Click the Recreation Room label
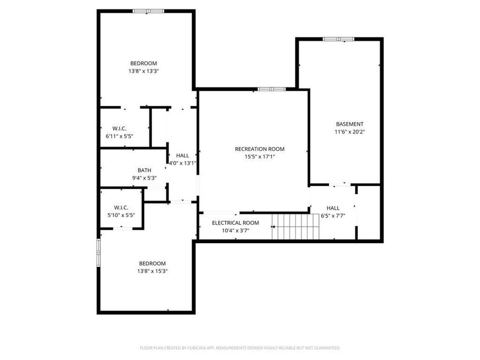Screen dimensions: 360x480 tap(260, 149)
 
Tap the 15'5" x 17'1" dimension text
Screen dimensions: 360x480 tap(260, 157)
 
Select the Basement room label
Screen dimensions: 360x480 tap(349, 124)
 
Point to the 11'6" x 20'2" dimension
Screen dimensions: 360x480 tap(349, 132)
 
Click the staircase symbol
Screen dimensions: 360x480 tap(295, 227)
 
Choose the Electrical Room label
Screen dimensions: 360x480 tap(235, 222)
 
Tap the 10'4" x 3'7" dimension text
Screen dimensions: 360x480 tap(235, 230)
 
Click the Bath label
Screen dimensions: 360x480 tap(144, 170)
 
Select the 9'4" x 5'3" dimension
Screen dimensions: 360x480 tap(144, 178)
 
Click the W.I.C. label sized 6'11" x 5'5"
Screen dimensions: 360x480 tap(119, 128)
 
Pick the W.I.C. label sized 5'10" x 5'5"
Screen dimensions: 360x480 tap(121, 207)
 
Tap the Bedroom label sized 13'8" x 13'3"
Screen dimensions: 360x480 tap(143, 63)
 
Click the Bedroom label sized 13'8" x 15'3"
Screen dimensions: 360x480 tap(152, 263)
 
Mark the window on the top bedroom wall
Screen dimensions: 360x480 tap(148, 11)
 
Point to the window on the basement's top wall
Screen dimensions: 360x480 tap(338, 39)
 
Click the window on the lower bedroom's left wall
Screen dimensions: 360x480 tap(98, 252)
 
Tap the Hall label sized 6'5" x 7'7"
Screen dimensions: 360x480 tap(333, 208)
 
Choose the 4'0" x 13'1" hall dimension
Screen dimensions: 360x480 tap(182, 163)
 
